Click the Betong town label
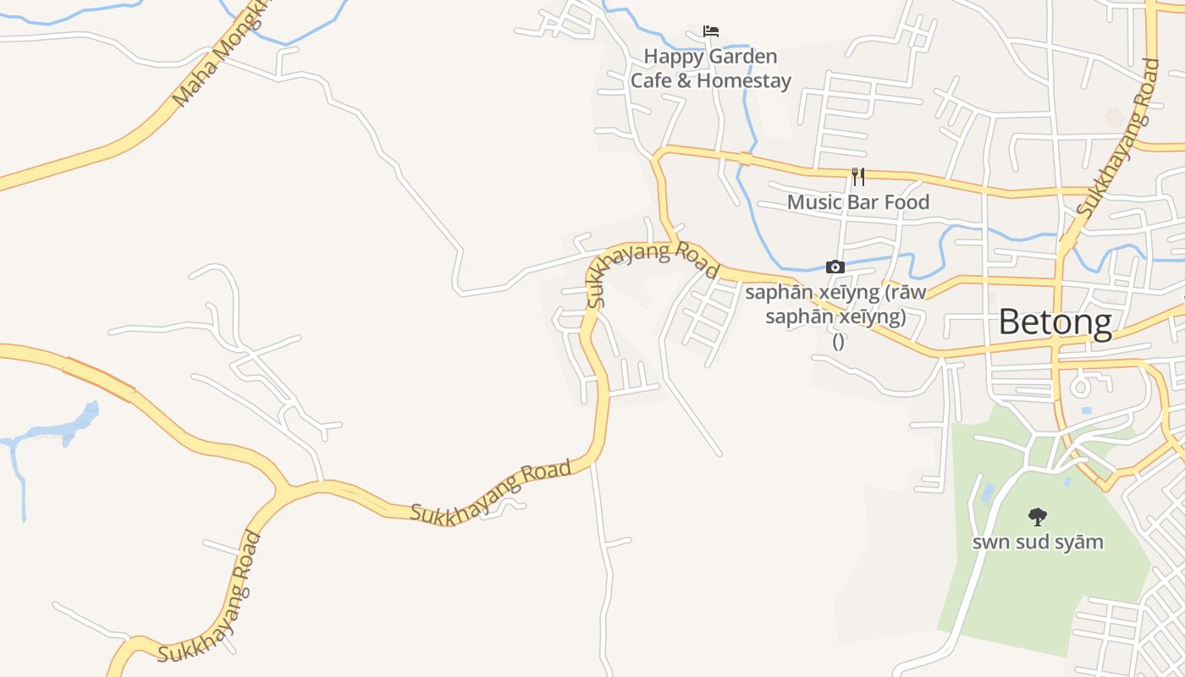click(x=1055, y=322)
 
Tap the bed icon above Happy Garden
click(x=711, y=31)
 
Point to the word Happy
click(x=674, y=57)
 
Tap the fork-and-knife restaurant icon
click(x=858, y=176)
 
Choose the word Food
click(x=907, y=202)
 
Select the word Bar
click(x=864, y=202)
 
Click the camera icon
click(x=835, y=267)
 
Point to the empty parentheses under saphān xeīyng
click(x=838, y=341)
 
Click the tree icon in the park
click(x=1037, y=516)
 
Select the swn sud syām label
click(x=1038, y=542)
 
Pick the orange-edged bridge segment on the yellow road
click(x=99, y=378)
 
